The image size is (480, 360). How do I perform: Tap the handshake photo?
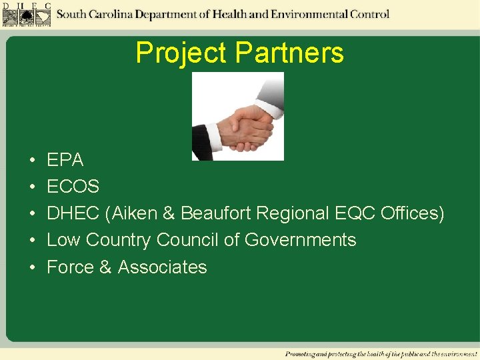click(238, 116)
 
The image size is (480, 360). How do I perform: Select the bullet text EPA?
click(65, 160)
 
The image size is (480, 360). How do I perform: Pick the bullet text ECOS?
click(73, 187)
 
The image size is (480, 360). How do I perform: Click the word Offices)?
click(412, 213)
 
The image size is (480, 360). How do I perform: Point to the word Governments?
click(300, 240)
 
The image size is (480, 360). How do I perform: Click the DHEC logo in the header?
click(27, 15)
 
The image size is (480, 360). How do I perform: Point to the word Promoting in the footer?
click(301, 353)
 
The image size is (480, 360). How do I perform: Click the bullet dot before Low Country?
click(32, 241)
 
